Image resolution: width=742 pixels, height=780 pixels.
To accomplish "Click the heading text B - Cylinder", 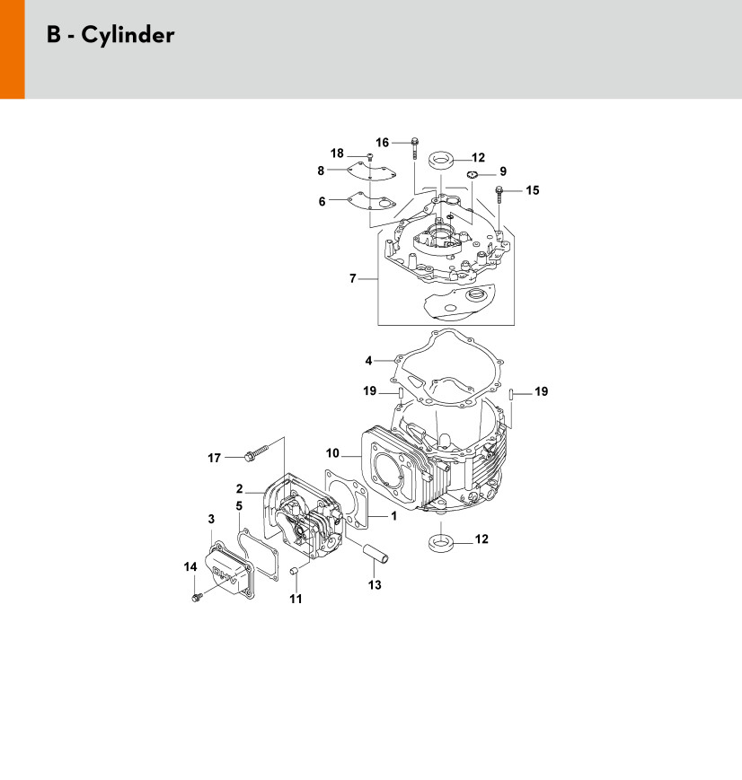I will click(110, 36).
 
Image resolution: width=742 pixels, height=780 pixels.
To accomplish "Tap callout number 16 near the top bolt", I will click(382, 143).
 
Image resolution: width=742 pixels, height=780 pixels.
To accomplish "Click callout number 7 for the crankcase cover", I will click(353, 279).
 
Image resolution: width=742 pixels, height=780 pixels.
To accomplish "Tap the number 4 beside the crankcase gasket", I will click(368, 361).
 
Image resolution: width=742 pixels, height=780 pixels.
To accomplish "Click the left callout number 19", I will click(368, 391).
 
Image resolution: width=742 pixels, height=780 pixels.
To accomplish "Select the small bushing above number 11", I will click(296, 571).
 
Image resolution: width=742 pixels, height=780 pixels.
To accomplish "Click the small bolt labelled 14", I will click(196, 596).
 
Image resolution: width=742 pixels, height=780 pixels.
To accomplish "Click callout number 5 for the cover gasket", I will click(240, 506).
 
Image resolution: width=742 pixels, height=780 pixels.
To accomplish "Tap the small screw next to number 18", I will click(370, 158).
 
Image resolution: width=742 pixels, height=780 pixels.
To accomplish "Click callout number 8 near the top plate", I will click(321, 171).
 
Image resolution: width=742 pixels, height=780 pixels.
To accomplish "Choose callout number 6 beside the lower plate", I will click(322, 202).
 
